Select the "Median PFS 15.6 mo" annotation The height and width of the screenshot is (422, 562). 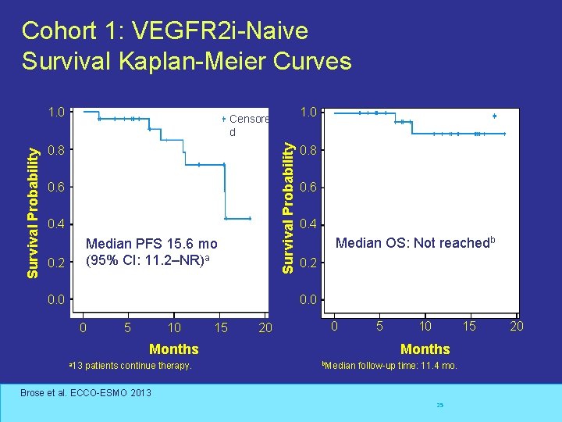[151, 244]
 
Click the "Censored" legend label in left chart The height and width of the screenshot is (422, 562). [249, 120]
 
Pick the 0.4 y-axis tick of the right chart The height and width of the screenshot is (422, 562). [309, 225]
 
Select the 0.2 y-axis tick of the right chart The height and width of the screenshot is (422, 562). [309, 263]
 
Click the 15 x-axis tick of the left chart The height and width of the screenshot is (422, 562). [221, 327]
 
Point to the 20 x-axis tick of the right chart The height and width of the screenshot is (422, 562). [516, 326]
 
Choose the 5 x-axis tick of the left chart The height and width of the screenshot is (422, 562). [127, 327]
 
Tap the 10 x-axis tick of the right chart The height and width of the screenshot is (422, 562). [425, 326]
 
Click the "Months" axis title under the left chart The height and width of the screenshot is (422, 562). [173, 349]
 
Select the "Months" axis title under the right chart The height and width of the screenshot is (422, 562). [425, 349]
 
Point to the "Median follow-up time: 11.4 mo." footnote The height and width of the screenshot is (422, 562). [390, 366]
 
